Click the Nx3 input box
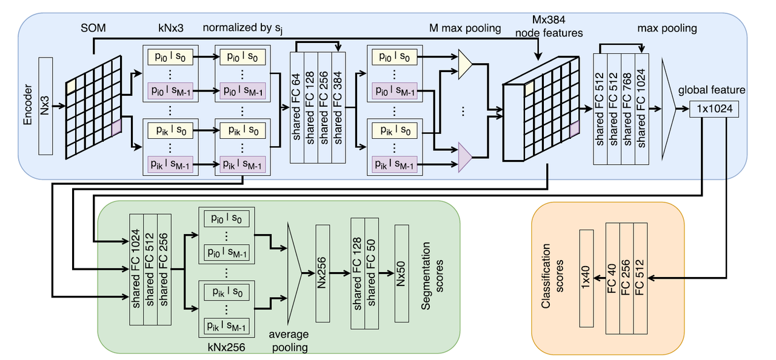pos(45,106)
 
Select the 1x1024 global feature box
pos(714,109)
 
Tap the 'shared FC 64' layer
pos(297,108)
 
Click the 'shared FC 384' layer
pos(338,108)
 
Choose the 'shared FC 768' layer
pos(627,109)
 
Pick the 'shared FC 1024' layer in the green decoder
pos(136,269)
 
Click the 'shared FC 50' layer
pos(372,273)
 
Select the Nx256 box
pos(323,273)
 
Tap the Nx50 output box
pos(401,273)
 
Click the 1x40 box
pos(586,278)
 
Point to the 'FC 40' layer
pos(612,278)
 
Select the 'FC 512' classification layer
pos(640,278)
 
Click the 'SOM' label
pos(93,28)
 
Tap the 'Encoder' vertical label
pos(27,104)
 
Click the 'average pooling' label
pos(289,341)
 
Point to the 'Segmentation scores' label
pos(432,276)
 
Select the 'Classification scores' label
pos(552,276)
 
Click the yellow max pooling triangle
pos(464,64)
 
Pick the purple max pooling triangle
pos(464,157)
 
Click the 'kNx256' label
pos(226,347)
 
